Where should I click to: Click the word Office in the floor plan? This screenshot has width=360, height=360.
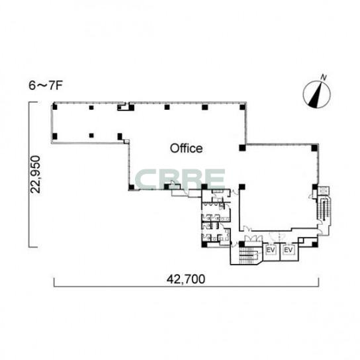[x=186, y=148]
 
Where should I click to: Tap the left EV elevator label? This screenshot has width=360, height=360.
[x=271, y=249]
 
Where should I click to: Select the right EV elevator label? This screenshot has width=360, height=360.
[x=289, y=249]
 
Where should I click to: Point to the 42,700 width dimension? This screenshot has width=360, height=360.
[x=186, y=279]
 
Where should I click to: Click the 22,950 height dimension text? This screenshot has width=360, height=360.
[x=36, y=174]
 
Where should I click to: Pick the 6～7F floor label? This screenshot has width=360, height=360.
[x=46, y=85]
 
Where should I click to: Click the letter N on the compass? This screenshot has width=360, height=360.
[x=324, y=77]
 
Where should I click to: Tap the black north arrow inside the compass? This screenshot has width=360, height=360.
[x=316, y=97]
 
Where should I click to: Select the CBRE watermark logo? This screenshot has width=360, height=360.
[x=180, y=179]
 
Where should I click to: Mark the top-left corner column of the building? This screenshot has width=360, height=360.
[x=55, y=107]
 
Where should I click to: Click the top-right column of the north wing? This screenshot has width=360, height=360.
[x=242, y=107]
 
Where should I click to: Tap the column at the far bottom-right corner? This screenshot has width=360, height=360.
[x=315, y=244]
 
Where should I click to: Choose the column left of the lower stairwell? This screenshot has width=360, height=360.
[x=242, y=244]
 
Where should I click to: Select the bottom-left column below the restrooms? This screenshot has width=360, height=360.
[x=204, y=244]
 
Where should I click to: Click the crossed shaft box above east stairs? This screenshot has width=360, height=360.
[x=324, y=191]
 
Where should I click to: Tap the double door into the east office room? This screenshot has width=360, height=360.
[x=253, y=239]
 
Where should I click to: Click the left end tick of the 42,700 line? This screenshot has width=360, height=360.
[x=54, y=283]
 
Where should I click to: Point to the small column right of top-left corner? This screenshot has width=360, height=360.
[x=91, y=107]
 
